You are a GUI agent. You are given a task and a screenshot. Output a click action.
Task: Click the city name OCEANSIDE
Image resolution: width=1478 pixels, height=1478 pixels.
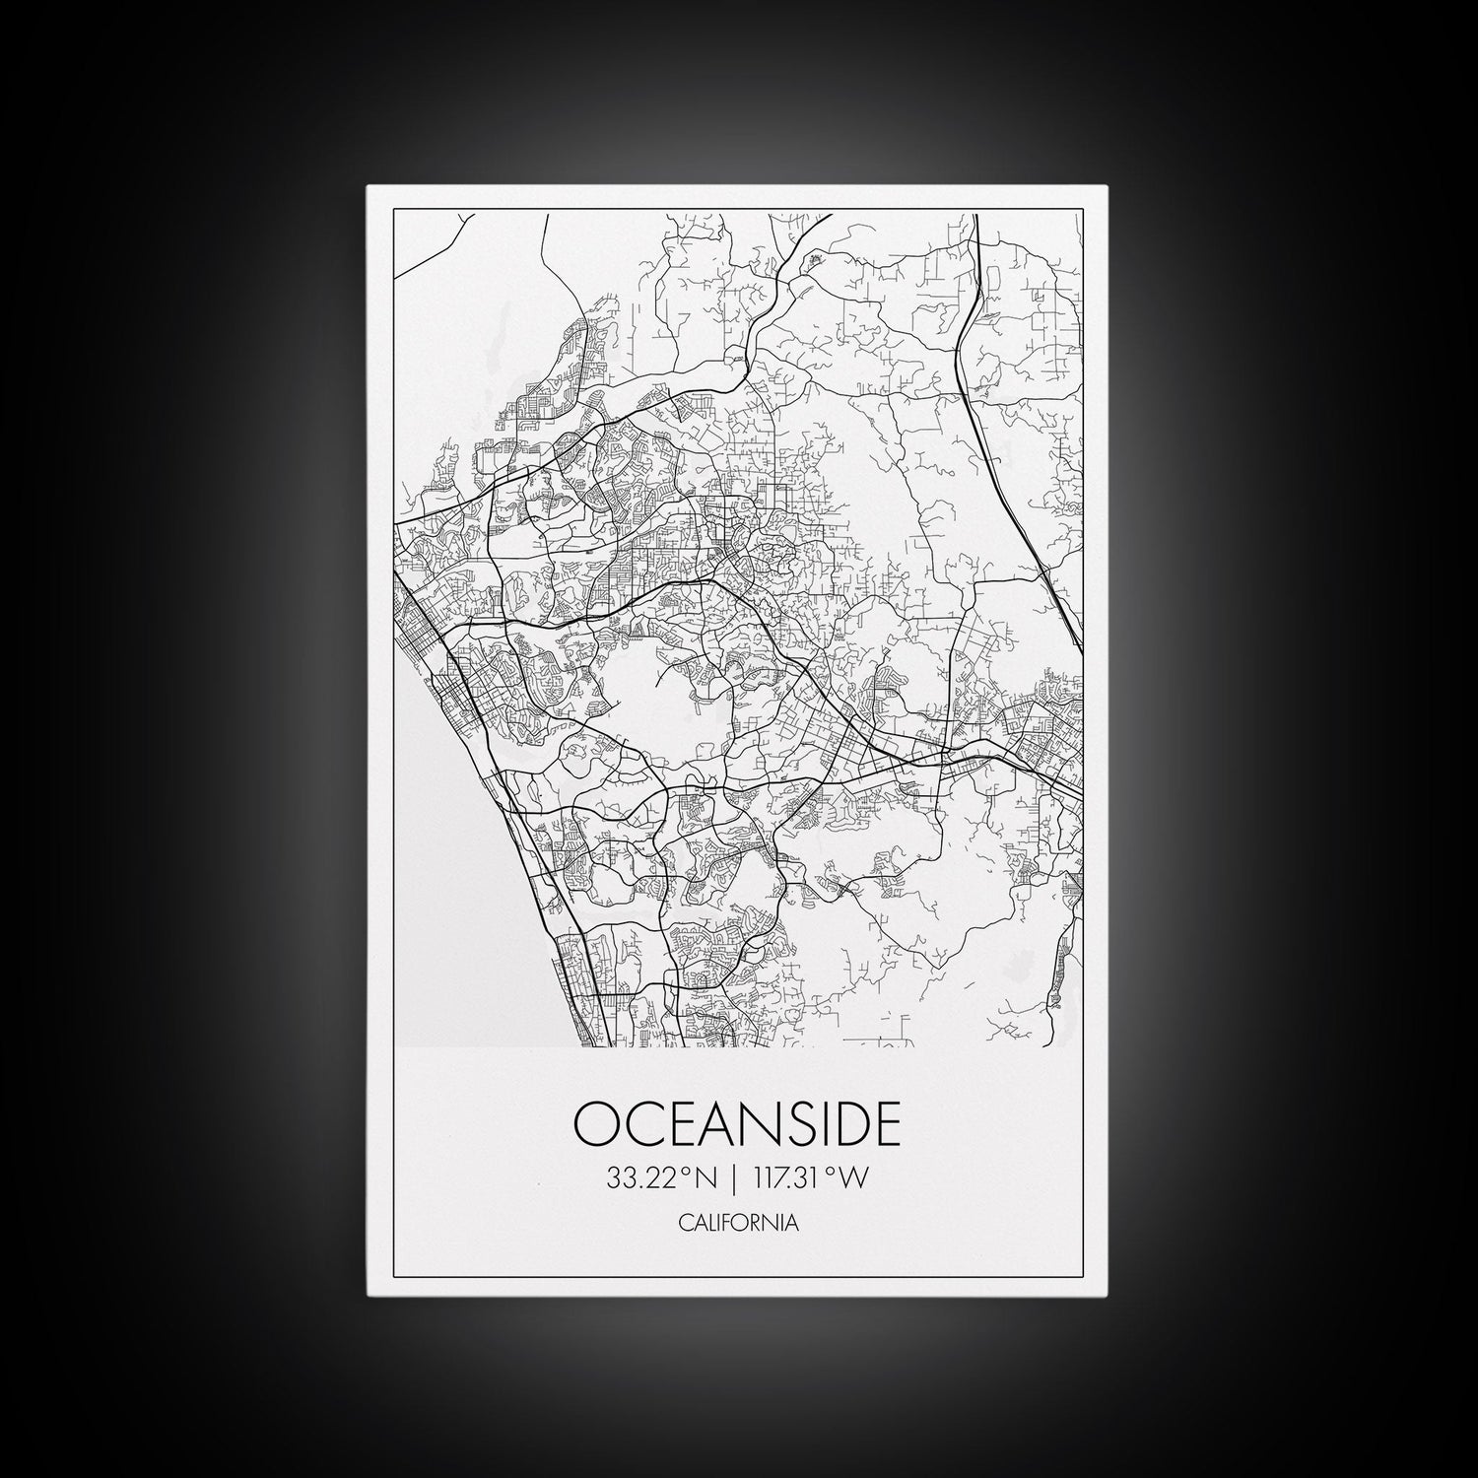coord(738,1123)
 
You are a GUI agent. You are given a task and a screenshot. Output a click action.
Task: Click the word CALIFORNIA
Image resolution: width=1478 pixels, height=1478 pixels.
coord(738,1224)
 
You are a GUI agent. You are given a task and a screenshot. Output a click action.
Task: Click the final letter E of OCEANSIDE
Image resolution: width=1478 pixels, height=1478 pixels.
coord(887,1123)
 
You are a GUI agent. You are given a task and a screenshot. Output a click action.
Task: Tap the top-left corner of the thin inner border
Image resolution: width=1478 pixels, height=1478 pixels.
coord(393,211)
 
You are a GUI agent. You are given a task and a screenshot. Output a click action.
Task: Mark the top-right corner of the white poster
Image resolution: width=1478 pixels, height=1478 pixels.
coord(1111,185)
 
